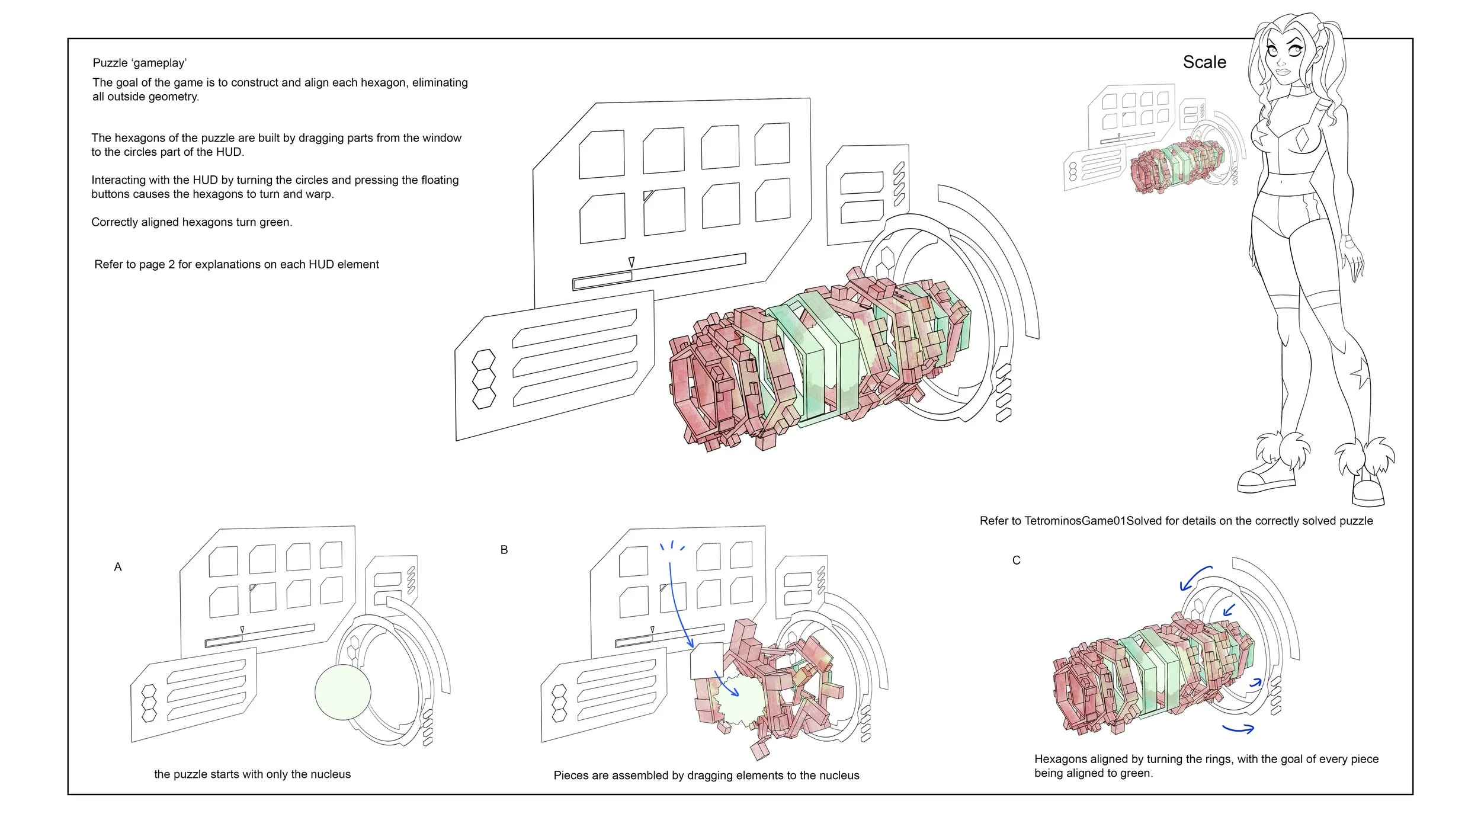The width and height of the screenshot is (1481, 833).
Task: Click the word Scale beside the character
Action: tap(1204, 62)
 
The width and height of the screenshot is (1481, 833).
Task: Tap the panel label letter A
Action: tap(118, 567)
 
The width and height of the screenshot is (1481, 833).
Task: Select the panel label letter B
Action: tap(504, 550)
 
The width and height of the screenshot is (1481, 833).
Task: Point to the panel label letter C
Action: tap(1017, 560)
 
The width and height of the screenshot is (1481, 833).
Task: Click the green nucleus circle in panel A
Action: tap(343, 692)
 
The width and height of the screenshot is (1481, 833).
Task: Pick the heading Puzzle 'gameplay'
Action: tap(140, 63)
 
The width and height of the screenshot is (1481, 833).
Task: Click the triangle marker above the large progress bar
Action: tap(631, 262)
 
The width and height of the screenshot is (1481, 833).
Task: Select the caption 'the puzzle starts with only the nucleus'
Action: tap(252, 774)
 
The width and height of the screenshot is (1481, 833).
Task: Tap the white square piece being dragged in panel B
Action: tap(707, 661)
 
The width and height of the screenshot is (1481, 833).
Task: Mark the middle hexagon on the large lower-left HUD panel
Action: tap(483, 379)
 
